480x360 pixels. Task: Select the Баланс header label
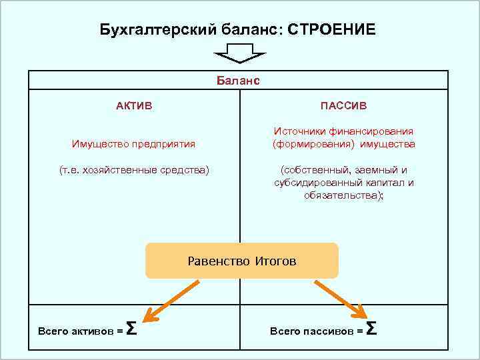click(x=238, y=81)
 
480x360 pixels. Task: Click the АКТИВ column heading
click(x=134, y=106)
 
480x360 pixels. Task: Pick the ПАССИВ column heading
click(x=343, y=106)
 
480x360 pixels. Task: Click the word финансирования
click(x=378, y=132)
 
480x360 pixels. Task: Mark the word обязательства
click(x=342, y=195)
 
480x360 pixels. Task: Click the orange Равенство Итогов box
click(x=242, y=261)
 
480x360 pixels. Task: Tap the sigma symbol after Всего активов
click(x=132, y=328)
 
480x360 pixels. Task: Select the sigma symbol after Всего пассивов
click(x=372, y=328)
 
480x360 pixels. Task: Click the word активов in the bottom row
click(x=90, y=331)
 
